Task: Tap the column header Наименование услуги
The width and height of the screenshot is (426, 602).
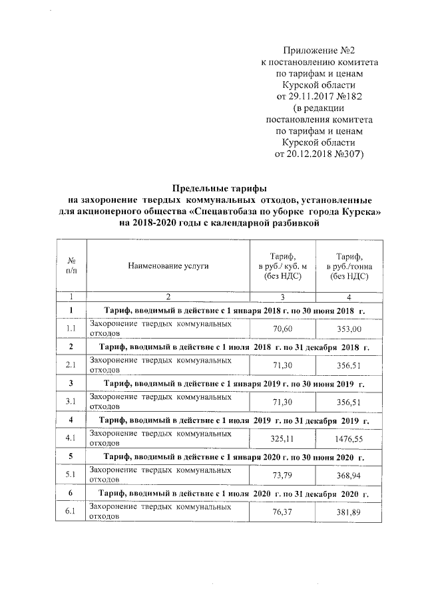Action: coord(168,265)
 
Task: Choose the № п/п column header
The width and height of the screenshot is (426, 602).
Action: coord(71,265)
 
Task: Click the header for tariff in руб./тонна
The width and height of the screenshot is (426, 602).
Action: coord(353,265)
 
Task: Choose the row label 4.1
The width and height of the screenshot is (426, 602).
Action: coord(71,439)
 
